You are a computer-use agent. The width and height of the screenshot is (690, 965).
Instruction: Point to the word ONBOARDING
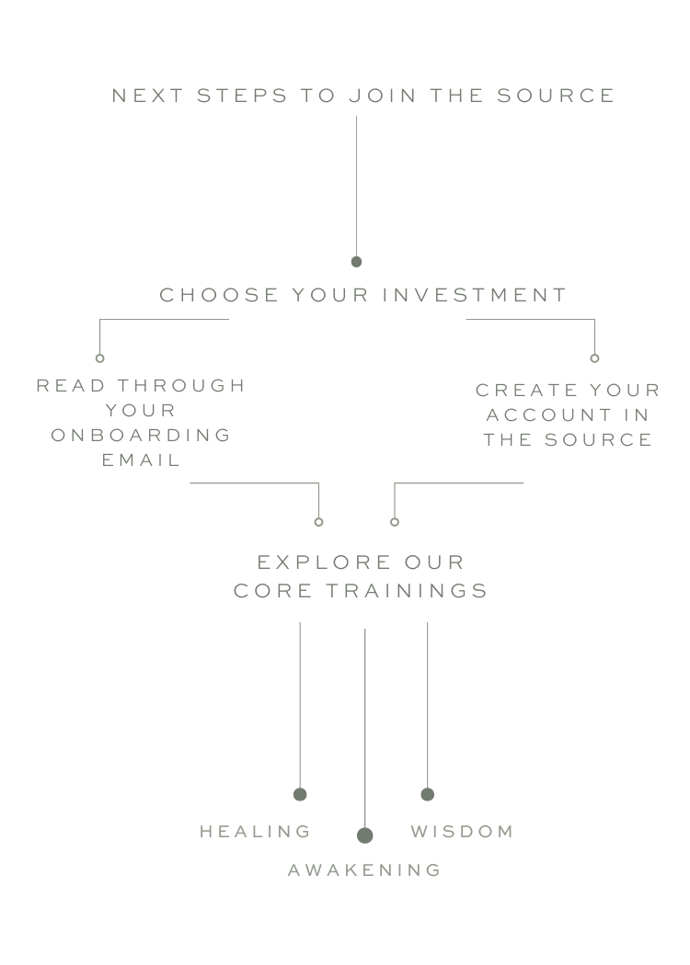[141, 435]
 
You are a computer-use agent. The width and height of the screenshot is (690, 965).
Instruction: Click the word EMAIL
[142, 460]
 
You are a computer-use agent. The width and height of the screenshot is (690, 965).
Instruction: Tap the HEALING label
[255, 832]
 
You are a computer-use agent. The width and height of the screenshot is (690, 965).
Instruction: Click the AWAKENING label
[364, 869]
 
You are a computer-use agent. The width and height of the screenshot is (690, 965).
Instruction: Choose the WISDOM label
[462, 832]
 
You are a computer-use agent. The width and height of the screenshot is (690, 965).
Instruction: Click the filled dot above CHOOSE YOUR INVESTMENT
[356, 262]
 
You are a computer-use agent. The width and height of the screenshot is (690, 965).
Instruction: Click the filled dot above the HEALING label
[300, 794]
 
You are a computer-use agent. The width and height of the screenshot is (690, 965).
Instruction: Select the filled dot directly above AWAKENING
[364, 834]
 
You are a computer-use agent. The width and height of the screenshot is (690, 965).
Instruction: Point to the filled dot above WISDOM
[427, 794]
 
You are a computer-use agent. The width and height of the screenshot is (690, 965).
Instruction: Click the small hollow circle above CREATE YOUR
[594, 358]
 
